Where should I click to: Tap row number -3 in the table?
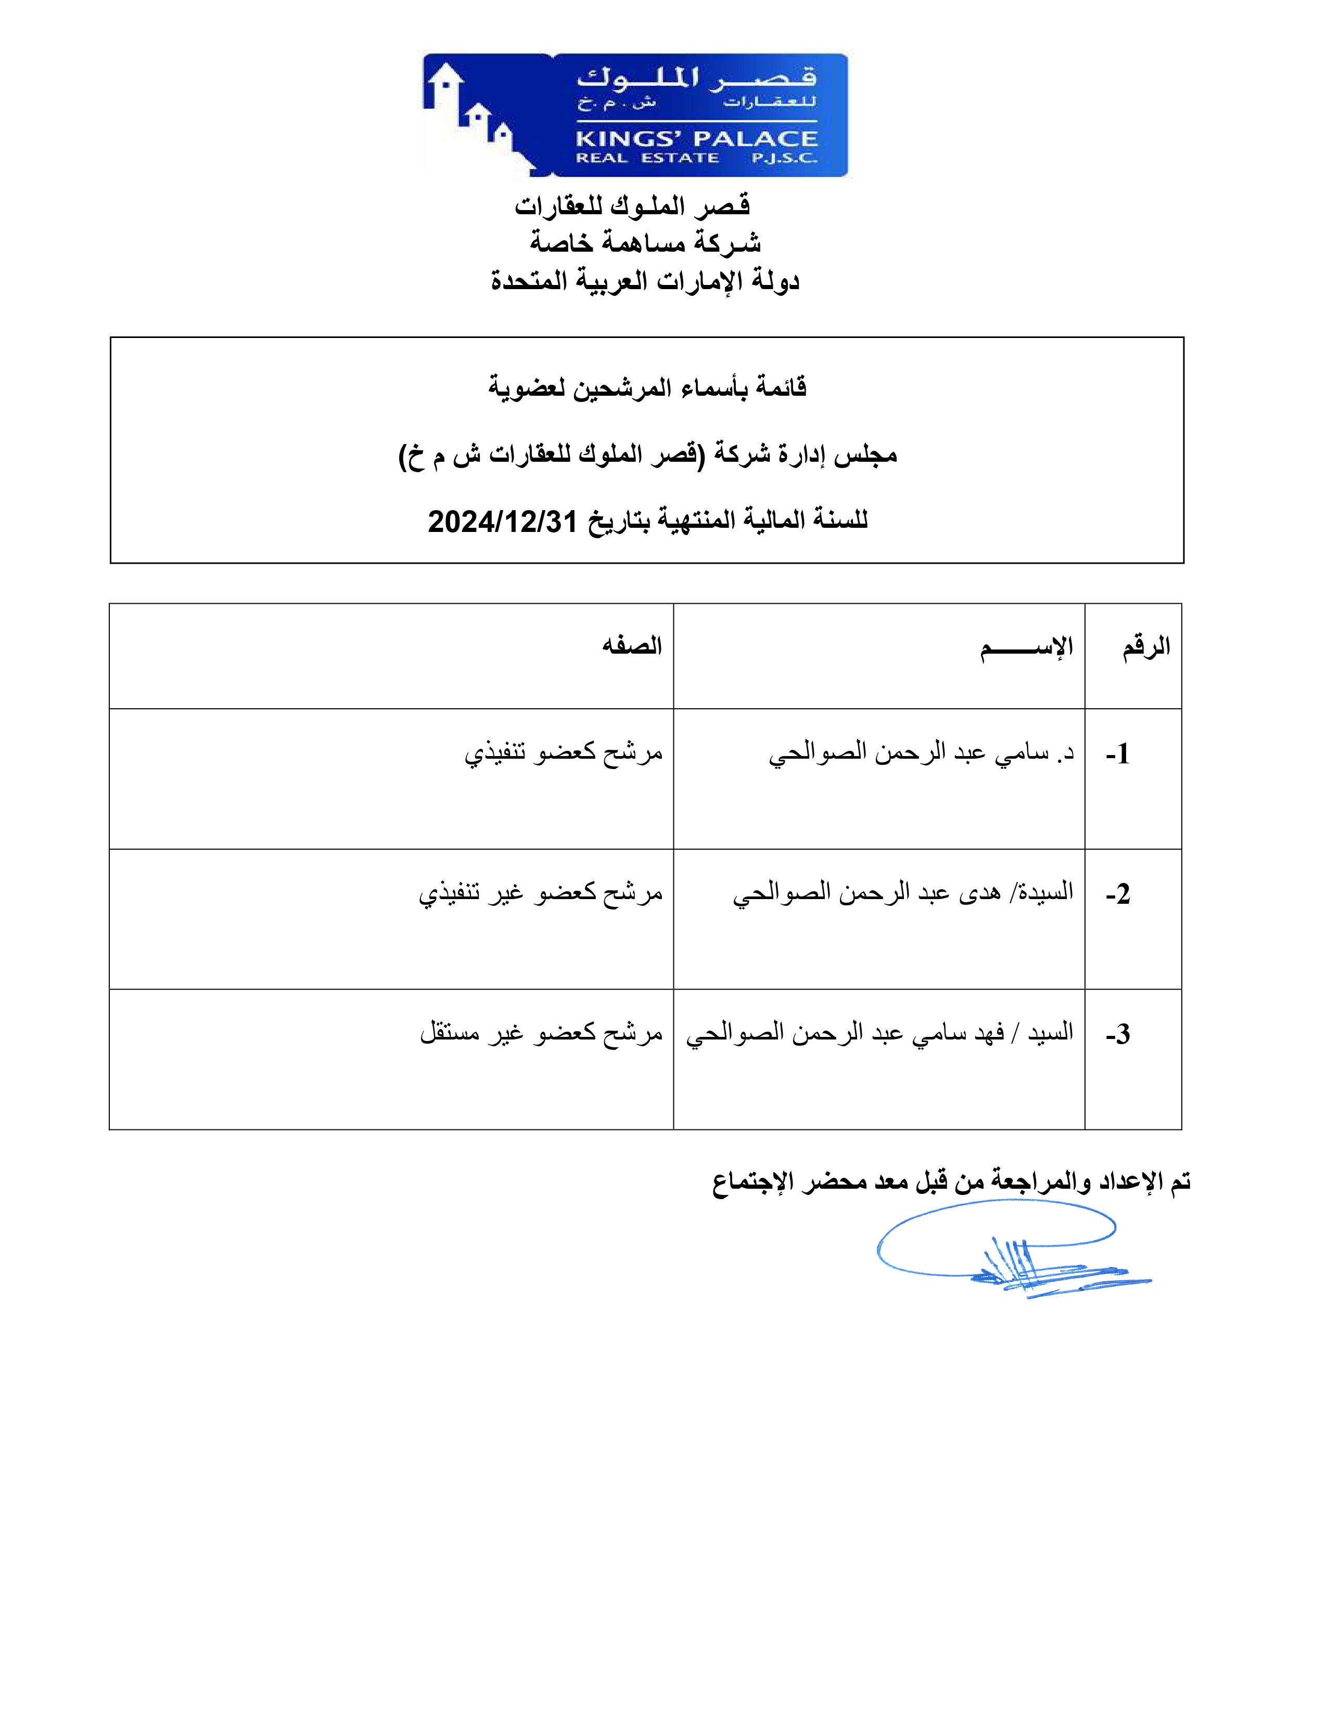click(x=1117, y=1034)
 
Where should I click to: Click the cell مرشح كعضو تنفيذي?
click(x=563, y=753)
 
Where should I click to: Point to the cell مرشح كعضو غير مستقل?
click(x=541, y=1032)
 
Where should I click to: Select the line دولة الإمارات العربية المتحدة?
click(x=645, y=280)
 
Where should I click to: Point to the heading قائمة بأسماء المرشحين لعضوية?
click(x=647, y=387)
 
